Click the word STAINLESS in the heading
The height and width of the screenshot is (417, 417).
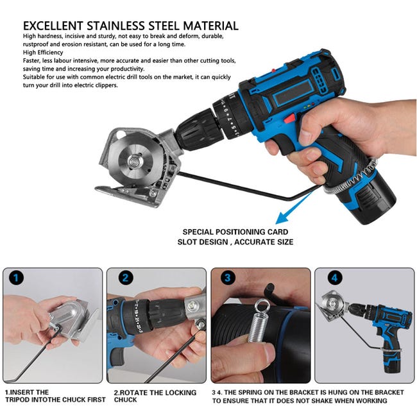pos(115,26)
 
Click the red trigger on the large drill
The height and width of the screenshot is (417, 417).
pos(289,118)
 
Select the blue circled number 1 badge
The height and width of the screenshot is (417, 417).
pos(16,278)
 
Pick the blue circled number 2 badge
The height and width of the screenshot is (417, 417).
pos(125,278)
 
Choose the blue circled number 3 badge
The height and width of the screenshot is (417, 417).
pos(228,278)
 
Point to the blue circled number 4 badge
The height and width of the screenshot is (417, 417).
pos(334,278)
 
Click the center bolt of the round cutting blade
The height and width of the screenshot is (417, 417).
pos(133,161)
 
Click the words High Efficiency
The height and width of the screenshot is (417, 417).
pos(43,53)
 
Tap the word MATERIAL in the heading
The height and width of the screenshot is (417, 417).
pos(210,26)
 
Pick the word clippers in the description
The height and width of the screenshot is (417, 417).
pos(106,85)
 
